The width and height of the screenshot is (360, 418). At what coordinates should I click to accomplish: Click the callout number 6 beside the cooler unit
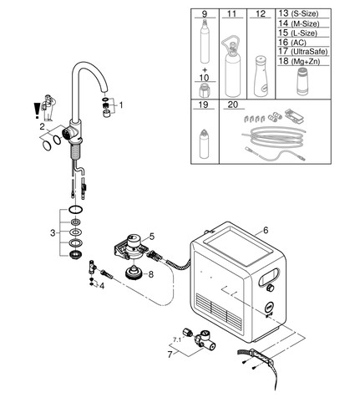coord(266,230)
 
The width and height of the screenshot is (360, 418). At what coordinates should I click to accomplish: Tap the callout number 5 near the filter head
coord(152,237)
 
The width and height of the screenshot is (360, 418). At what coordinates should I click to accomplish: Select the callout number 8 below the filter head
coord(151,274)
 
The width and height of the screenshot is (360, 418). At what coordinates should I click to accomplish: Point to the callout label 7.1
coord(177,339)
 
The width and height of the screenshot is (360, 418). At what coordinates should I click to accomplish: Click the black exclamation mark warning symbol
coord(37,110)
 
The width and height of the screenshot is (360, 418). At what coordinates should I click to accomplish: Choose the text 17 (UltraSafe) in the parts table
coord(303,51)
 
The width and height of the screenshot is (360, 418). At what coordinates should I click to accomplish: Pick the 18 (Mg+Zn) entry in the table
coord(299,61)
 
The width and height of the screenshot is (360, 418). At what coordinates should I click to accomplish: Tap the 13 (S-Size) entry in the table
coord(298,13)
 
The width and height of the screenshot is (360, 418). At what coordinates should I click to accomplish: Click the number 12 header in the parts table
coord(261,13)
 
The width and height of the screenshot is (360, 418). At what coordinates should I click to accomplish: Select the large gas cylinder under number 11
coord(232,66)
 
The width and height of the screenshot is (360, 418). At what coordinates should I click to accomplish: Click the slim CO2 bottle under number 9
coord(205,41)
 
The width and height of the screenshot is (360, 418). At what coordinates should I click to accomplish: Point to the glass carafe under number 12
coord(261,76)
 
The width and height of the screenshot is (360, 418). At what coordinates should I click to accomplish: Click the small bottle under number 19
coord(204,144)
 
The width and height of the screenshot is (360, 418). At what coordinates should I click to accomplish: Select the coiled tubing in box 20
coord(274,136)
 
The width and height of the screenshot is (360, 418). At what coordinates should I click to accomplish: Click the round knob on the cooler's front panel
coord(270,288)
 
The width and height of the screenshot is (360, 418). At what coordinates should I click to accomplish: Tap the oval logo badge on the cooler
coord(269,308)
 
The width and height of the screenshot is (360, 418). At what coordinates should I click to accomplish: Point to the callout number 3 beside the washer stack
coord(53,232)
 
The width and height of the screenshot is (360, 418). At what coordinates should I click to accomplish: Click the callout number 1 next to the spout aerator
coord(121,105)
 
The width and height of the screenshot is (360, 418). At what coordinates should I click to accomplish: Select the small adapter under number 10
coord(204,91)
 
